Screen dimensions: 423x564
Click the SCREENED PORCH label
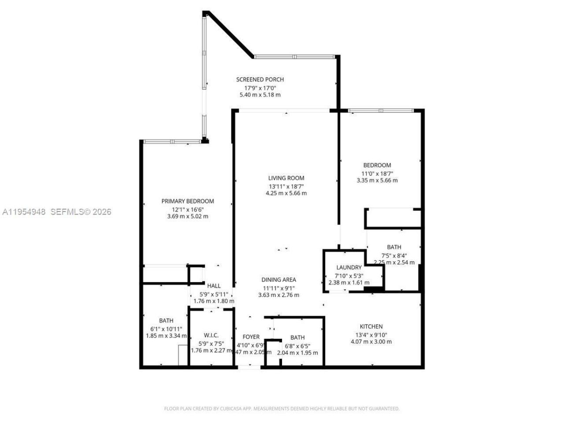coord(260,80)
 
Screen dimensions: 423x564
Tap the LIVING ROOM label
coord(286,178)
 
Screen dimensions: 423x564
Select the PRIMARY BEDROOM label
coord(188,201)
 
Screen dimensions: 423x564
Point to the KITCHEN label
coord(371,327)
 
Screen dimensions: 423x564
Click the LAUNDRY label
coord(349,267)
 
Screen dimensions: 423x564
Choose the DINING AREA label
coord(278,280)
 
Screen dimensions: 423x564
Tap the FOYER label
coord(251,338)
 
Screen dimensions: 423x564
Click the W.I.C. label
coord(211,335)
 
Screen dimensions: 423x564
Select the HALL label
coord(214,286)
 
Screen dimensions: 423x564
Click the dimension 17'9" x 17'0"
coord(260,88)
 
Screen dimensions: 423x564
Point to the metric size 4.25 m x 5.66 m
coord(286,193)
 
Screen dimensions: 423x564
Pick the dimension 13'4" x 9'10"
coord(371,334)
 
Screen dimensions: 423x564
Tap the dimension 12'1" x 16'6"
coord(188,209)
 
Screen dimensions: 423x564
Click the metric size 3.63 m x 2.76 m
coord(278,295)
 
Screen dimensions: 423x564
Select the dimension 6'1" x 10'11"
coord(166,329)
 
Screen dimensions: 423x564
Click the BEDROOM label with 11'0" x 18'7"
coord(377,165)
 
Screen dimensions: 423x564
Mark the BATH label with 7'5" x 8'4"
coord(394,247)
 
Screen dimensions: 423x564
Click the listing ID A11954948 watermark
coord(24,212)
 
